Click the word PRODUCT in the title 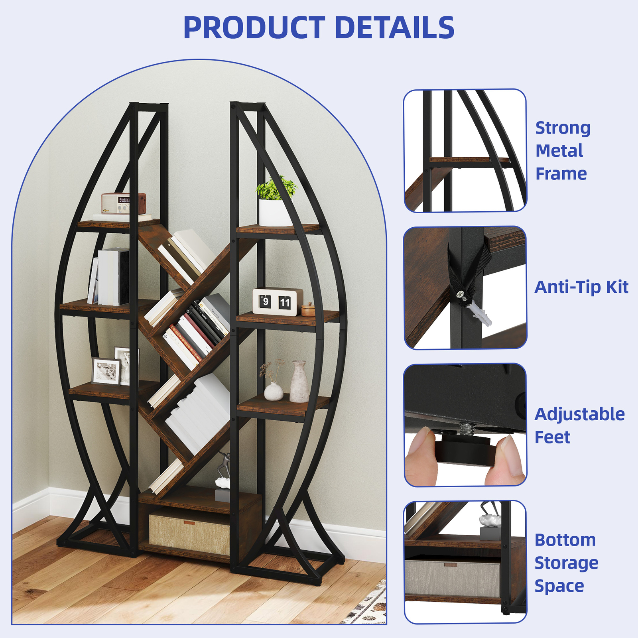pyautogui.click(x=254, y=28)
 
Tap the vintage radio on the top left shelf pyautogui.click(x=123, y=203)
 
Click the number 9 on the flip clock pyautogui.click(x=265, y=302)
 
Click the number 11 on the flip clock pyautogui.click(x=284, y=303)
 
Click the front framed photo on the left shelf pyautogui.click(x=106, y=371)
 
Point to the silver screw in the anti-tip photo pyautogui.click(x=461, y=295)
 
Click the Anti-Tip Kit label pyautogui.click(x=581, y=287)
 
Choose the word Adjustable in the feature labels pyautogui.click(x=579, y=414)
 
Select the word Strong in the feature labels pyautogui.click(x=562, y=128)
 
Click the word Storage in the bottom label pyautogui.click(x=566, y=563)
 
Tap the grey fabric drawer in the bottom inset pyautogui.click(x=452, y=578)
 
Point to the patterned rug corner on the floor pyautogui.click(x=369, y=606)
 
